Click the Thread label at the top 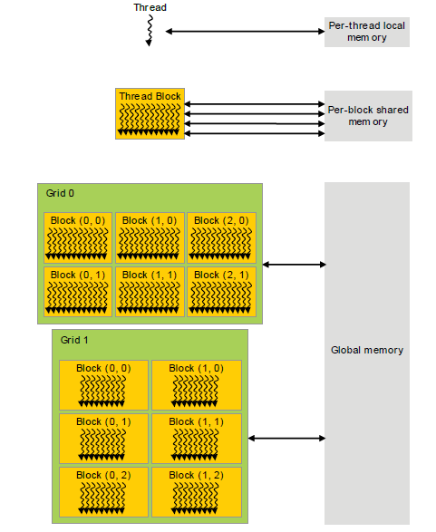(150, 7)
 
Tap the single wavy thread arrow (149, 32)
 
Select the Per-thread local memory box (368, 32)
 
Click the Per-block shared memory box (368, 115)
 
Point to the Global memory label (367, 350)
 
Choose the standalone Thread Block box (150, 113)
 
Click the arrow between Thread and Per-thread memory (244, 32)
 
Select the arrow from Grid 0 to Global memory (294, 265)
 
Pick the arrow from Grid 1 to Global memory (286, 439)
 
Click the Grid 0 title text (61, 194)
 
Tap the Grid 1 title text (75, 340)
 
